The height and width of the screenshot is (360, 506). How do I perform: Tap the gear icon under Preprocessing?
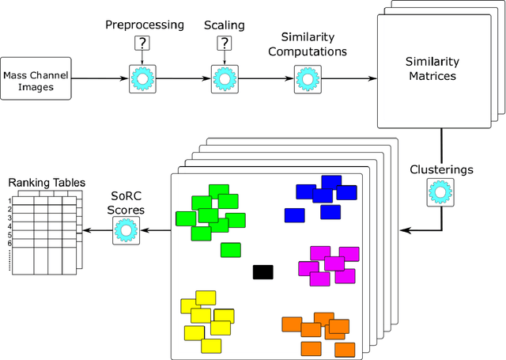point(144,80)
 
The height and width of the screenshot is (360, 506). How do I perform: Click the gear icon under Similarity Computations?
point(305,80)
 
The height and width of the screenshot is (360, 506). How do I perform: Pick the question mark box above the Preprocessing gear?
point(144,44)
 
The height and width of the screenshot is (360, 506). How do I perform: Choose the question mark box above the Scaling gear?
point(226,44)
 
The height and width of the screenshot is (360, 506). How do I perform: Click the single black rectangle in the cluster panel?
point(262,272)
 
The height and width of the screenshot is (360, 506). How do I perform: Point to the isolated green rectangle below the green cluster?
point(230,250)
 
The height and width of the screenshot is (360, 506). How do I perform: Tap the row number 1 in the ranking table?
point(10,201)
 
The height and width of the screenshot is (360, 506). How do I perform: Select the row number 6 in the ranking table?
point(10,244)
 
